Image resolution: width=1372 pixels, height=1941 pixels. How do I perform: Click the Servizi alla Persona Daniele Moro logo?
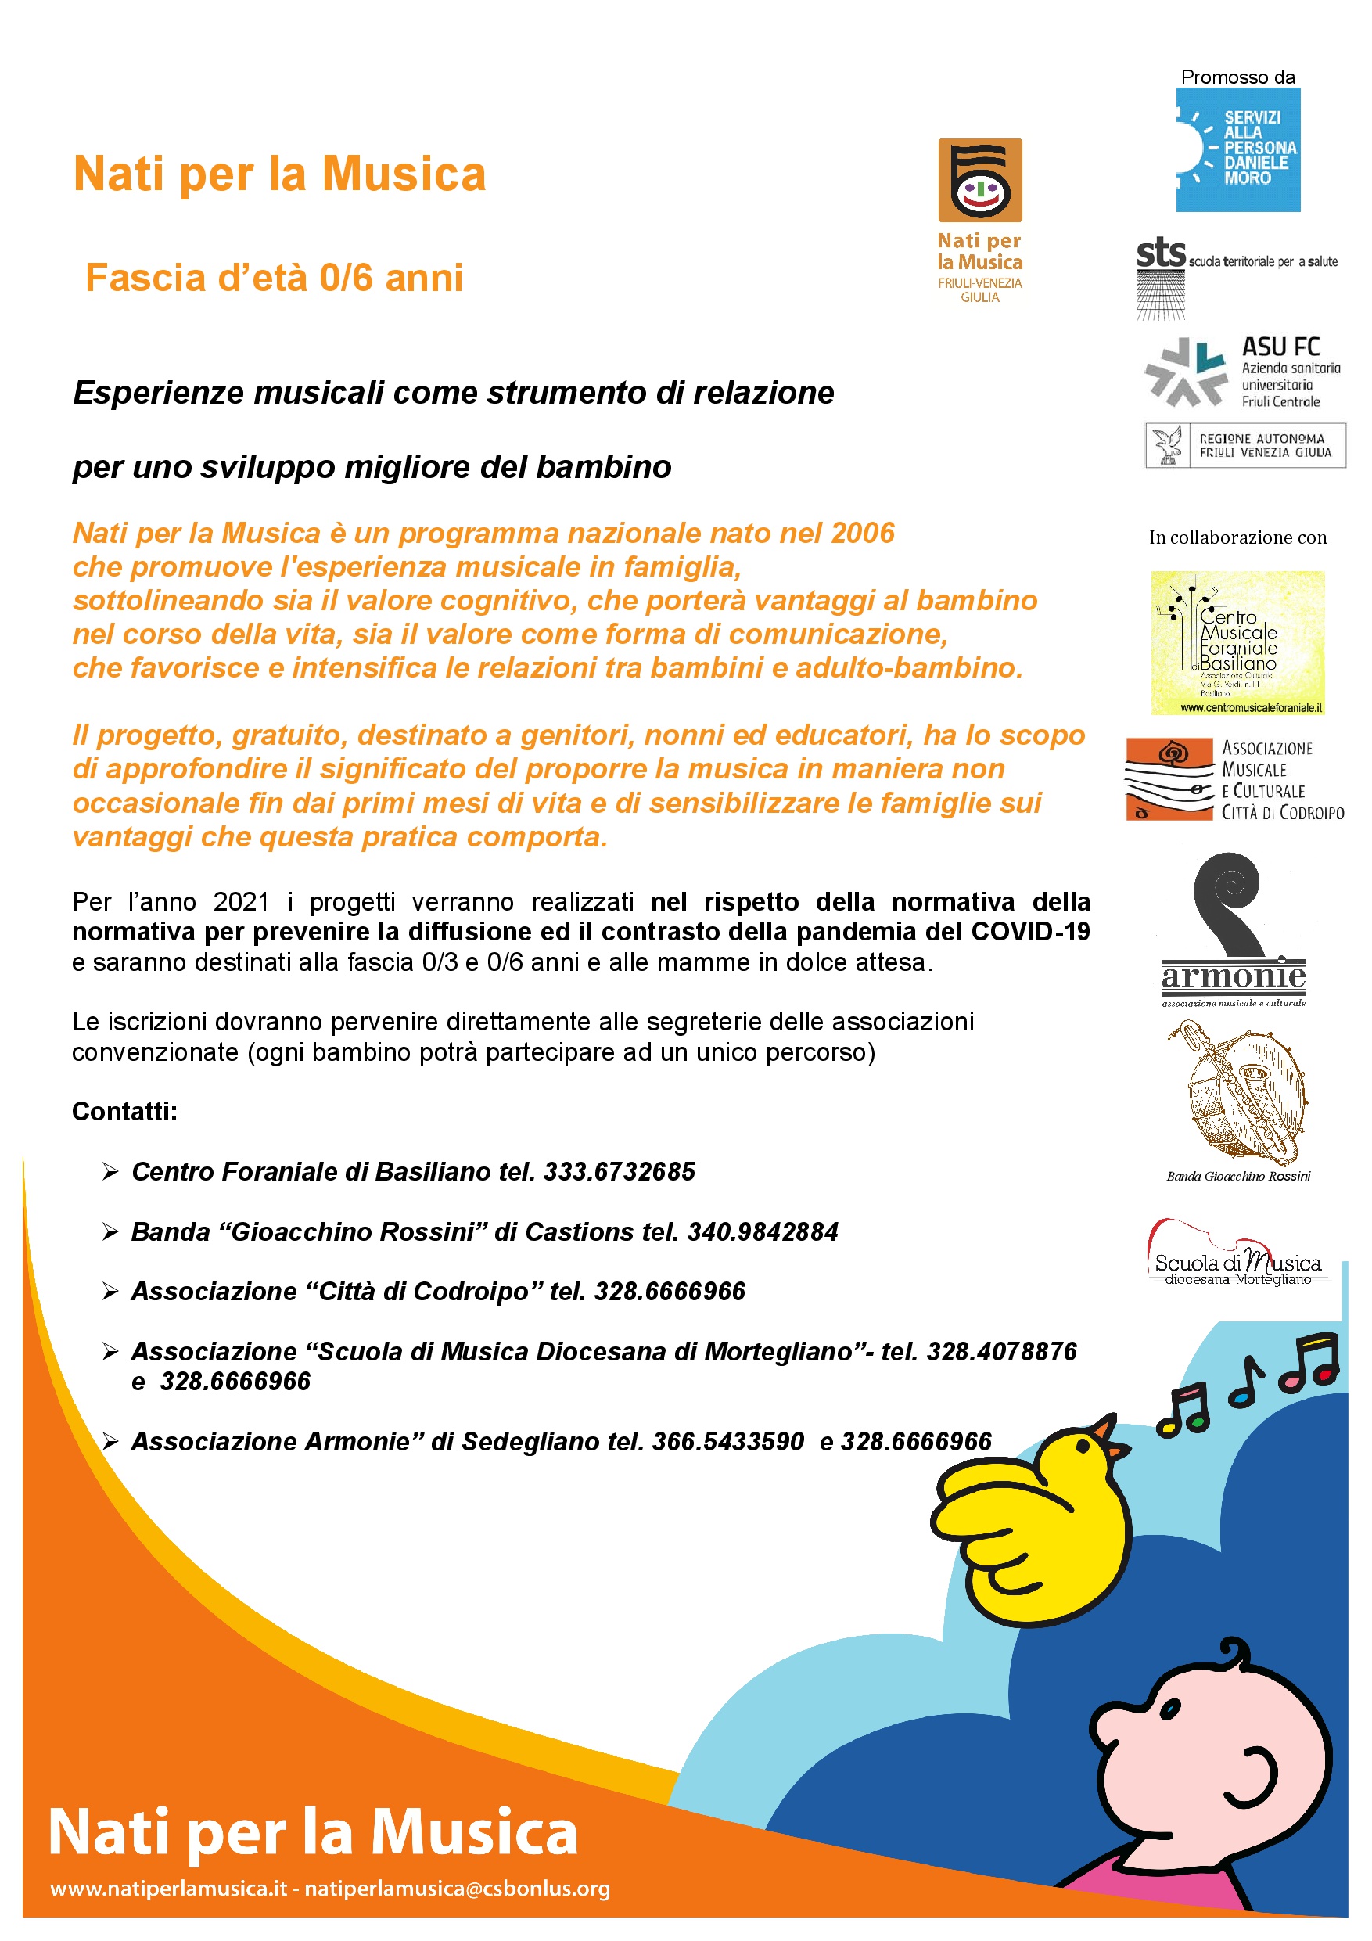pos(1237,149)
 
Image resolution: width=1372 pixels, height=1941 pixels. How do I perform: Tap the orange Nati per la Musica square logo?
pos(980,180)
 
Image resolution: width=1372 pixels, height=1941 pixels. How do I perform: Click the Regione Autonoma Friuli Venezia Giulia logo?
pos(1244,444)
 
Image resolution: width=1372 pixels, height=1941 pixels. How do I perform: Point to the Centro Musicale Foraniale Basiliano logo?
pos(1237,642)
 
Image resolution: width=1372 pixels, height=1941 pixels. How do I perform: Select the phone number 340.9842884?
pos(763,1231)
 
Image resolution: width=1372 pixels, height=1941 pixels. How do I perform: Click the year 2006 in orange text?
pos(862,533)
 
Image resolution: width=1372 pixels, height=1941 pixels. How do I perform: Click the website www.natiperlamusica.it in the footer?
pos(168,1889)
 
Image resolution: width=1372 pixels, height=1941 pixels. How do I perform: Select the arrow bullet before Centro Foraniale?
pos(110,1172)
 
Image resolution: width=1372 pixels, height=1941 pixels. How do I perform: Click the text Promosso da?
pos(1237,77)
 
